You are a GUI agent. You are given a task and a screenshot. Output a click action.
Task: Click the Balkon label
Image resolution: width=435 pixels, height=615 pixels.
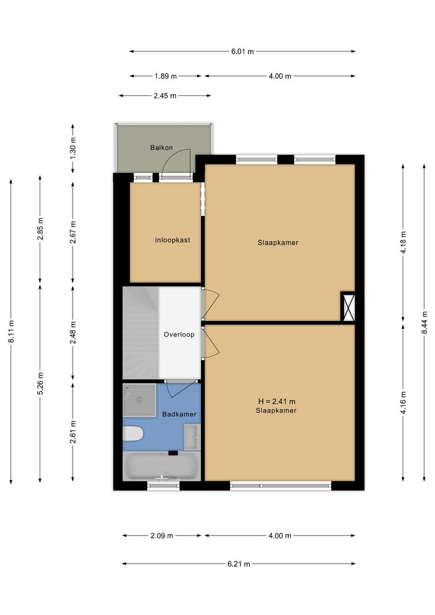click(x=161, y=148)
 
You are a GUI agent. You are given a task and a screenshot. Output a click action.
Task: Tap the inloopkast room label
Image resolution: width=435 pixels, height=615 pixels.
click(x=172, y=240)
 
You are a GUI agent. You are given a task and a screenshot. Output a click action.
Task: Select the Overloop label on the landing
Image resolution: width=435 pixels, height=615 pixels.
click(x=179, y=334)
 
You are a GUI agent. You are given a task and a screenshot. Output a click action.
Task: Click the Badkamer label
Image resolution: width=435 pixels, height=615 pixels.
click(x=179, y=414)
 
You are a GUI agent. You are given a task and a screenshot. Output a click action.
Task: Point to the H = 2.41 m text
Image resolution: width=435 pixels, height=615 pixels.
click(x=277, y=401)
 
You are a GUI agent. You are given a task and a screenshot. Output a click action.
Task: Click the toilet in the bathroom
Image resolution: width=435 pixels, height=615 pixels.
click(x=133, y=434)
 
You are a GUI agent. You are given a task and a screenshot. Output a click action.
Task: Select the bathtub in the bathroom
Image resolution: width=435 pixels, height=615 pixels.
click(x=162, y=466)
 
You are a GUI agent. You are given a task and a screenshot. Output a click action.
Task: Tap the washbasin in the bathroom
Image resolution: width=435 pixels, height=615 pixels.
click(x=192, y=437)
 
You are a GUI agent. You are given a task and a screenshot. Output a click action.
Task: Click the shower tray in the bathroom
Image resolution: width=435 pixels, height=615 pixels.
click(x=139, y=400)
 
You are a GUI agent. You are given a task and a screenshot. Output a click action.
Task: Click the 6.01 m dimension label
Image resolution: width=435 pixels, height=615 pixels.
click(x=243, y=51)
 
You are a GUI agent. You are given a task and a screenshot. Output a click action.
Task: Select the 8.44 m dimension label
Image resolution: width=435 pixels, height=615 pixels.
click(x=425, y=322)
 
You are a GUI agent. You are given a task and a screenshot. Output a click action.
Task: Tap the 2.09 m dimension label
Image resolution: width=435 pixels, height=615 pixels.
click(x=162, y=536)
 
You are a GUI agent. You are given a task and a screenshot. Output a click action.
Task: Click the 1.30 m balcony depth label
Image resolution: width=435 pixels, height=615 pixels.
click(x=73, y=149)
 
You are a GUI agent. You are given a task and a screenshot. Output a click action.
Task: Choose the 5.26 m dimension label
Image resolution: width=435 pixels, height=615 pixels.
click(x=40, y=384)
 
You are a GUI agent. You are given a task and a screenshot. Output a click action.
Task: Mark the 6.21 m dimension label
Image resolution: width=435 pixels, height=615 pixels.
click(x=239, y=564)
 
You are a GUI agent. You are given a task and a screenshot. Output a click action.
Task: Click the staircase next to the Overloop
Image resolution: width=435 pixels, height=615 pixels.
click(x=141, y=333)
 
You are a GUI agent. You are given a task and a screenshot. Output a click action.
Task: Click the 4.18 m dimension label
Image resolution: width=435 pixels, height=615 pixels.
click(x=403, y=243)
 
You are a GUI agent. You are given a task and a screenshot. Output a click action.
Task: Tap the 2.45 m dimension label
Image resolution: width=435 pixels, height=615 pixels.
click(x=165, y=96)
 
